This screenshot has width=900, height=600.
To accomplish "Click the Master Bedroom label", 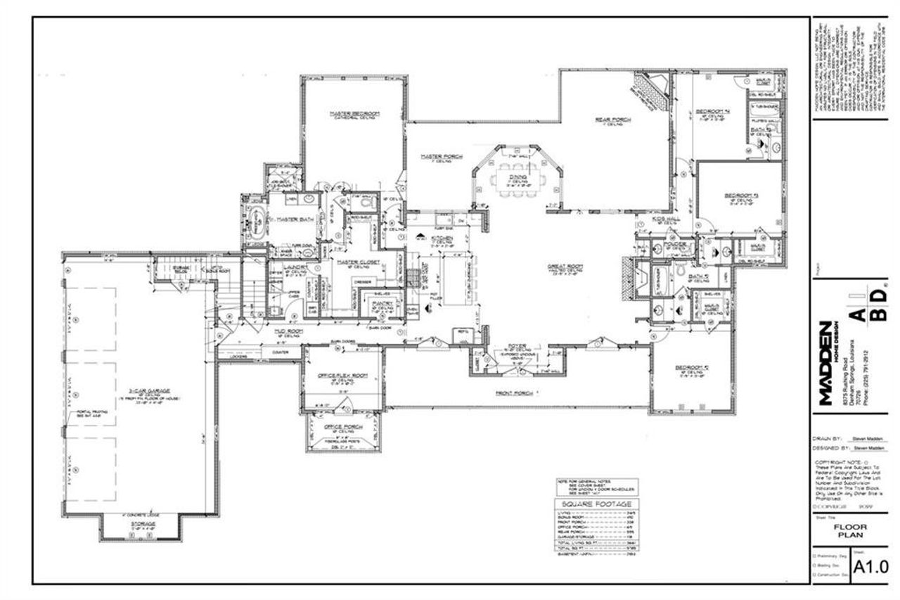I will pos(355,113).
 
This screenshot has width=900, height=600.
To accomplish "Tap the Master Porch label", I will pos(441,157).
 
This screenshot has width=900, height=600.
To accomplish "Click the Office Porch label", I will pos(342,427).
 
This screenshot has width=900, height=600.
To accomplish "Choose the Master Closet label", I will pos(353,262).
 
